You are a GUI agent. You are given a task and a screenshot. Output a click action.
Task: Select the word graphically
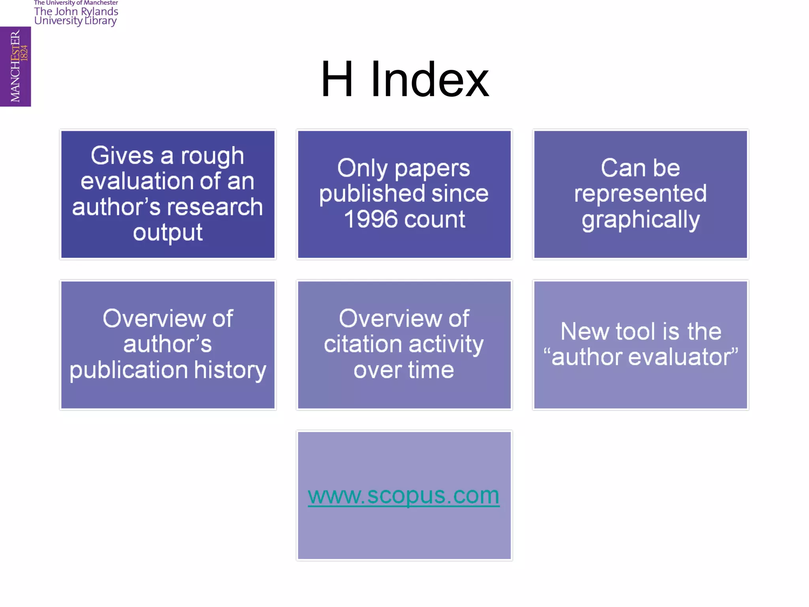640,220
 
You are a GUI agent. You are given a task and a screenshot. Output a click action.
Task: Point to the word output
167,232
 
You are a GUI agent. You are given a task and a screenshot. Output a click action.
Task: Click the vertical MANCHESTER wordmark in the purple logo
15,66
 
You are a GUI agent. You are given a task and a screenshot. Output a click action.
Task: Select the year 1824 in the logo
24,53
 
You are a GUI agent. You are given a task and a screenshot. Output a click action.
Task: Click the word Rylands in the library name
99,12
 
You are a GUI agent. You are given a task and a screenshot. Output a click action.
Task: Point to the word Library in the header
101,21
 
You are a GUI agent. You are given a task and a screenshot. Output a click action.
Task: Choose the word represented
640,194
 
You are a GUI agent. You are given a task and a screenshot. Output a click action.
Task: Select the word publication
129,371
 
